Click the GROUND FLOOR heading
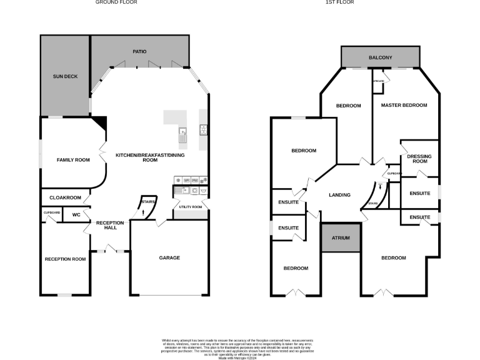pos(116,2)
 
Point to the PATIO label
pos(139,51)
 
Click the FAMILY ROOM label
pos(73,160)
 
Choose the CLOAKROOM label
pos(66,197)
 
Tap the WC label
pos(76,214)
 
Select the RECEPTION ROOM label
pos(65,259)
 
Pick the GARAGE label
pos(169,257)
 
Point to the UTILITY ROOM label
pos(191,207)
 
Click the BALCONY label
pos(380,57)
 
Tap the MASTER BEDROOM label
pos(404,105)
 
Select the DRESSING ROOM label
pos(419,159)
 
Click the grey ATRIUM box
pos(341,239)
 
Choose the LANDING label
pos(339,195)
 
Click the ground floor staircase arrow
pos(144,212)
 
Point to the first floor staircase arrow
pos(380,187)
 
